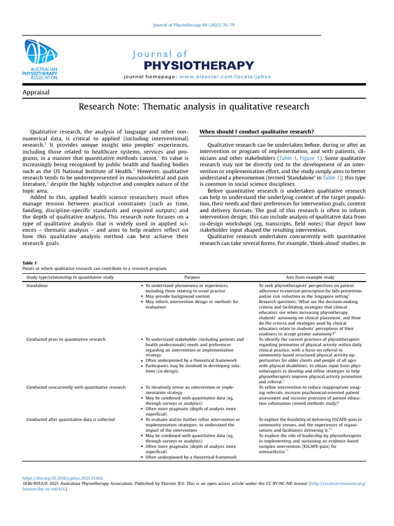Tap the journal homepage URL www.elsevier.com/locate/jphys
pyautogui.click(x=225, y=77)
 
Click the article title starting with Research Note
pyautogui.click(x=194, y=107)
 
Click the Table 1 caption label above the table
pyautogui.click(x=30, y=263)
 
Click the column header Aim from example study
pyautogui.click(x=310, y=277)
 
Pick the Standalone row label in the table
pyautogui.click(x=38, y=285)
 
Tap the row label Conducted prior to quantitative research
pyautogui.click(x=66, y=340)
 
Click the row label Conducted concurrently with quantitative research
pyautogui.click(x=75, y=387)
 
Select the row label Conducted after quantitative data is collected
pyautogui.click(x=70, y=420)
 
